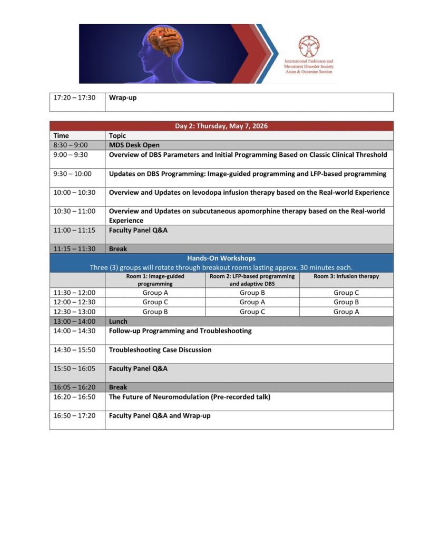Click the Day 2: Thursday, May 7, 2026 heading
(x=221, y=126)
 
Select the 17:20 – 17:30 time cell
(x=74, y=98)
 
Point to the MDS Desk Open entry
(x=134, y=145)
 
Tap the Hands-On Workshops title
(x=221, y=258)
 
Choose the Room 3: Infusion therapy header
(x=346, y=276)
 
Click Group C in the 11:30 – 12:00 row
(x=346, y=293)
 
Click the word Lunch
(x=118, y=321)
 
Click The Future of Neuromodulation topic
(x=189, y=397)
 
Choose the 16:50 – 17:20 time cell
(x=74, y=416)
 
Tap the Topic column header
(x=118, y=135)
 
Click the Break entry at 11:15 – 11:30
(x=118, y=249)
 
